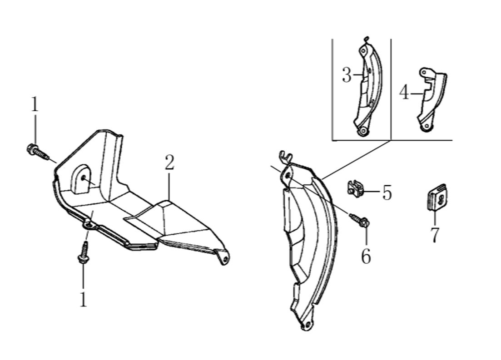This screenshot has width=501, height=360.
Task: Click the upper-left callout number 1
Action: click(x=35, y=104)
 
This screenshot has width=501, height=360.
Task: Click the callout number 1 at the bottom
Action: click(x=84, y=299)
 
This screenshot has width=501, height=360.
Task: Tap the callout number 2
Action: click(x=169, y=162)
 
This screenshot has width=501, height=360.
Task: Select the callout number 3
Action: click(x=347, y=75)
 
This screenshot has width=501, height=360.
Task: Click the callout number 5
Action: click(x=387, y=192)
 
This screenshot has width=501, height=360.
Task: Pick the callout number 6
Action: click(x=366, y=256)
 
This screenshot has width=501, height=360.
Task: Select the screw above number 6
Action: click(x=360, y=220)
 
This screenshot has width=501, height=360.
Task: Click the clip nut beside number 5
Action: click(x=354, y=189)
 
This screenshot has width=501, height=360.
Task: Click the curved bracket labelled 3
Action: click(x=368, y=86)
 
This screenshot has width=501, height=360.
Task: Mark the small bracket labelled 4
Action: click(x=432, y=99)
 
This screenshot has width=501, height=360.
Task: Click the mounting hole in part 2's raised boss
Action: click(x=84, y=178)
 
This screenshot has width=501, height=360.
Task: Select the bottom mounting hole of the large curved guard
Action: click(x=308, y=325)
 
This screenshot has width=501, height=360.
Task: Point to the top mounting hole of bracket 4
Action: click(x=425, y=73)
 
